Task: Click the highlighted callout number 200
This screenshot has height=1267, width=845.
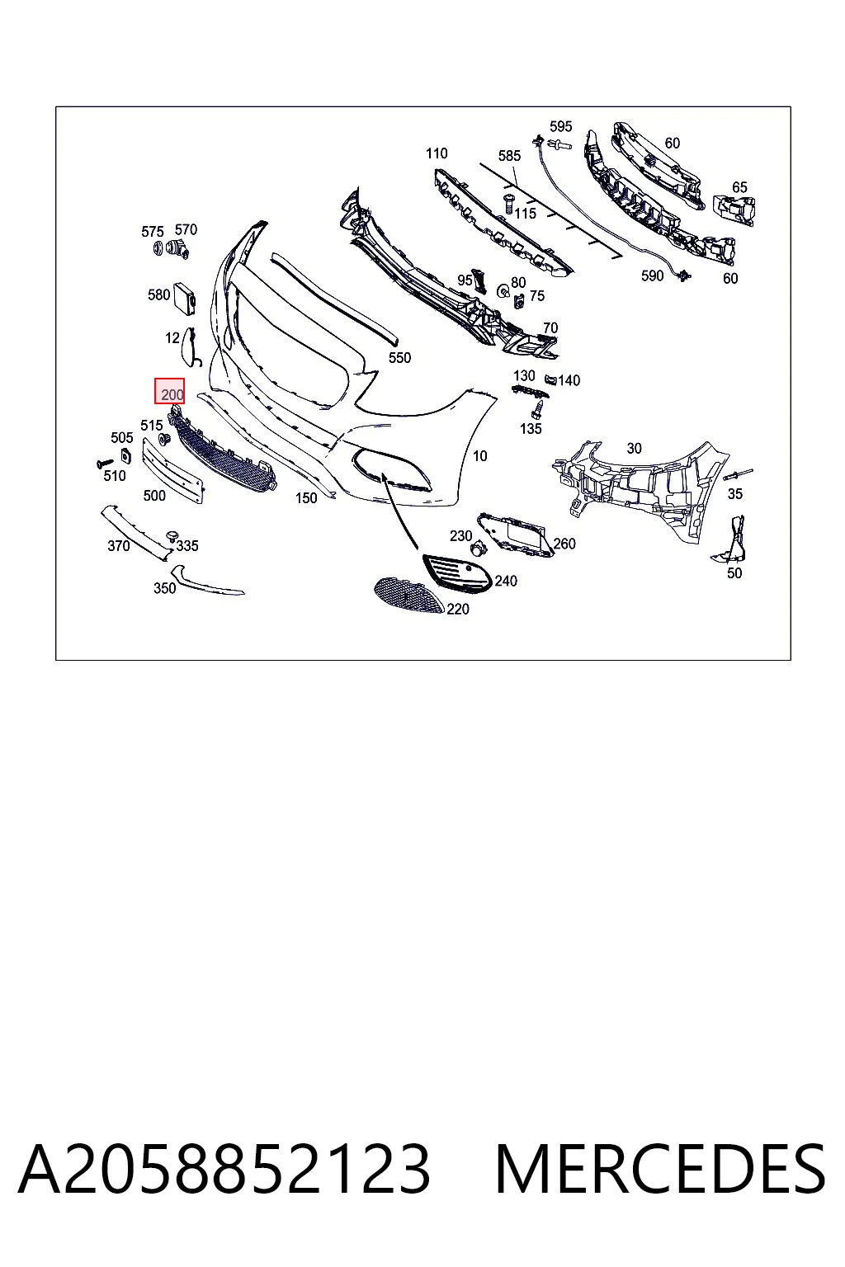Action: [x=172, y=394]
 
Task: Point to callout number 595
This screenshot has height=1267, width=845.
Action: [x=560, y=126]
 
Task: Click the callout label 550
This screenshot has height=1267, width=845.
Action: [x=399, y=357]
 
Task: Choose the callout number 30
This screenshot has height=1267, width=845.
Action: [x=634, y=448]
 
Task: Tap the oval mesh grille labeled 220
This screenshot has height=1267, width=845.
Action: [x=410, y=596]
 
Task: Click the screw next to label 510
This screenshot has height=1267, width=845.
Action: [x=106, y=464]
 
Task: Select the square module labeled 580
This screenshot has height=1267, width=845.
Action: [x=185, y=297]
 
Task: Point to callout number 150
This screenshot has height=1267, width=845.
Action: [x=306, y=497]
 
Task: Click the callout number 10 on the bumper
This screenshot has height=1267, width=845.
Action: [x=480, y=455]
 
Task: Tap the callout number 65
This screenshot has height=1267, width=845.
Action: [x=739, y=186]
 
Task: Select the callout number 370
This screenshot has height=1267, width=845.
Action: [x=118, y=546]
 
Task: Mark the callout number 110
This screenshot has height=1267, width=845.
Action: [x=437, y=153]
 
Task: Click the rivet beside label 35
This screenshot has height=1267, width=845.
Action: [x=738, y=473]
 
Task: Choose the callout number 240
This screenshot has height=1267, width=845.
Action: [x=505, y=581]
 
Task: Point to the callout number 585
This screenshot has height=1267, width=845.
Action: [x=509, y=156]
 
